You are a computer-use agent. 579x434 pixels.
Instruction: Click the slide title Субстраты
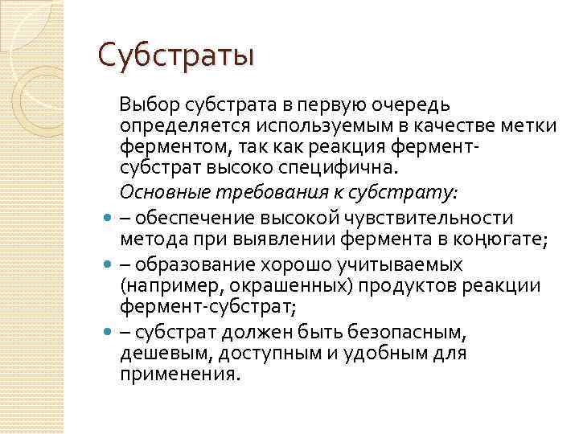176,55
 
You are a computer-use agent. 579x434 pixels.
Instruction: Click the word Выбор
146,104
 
